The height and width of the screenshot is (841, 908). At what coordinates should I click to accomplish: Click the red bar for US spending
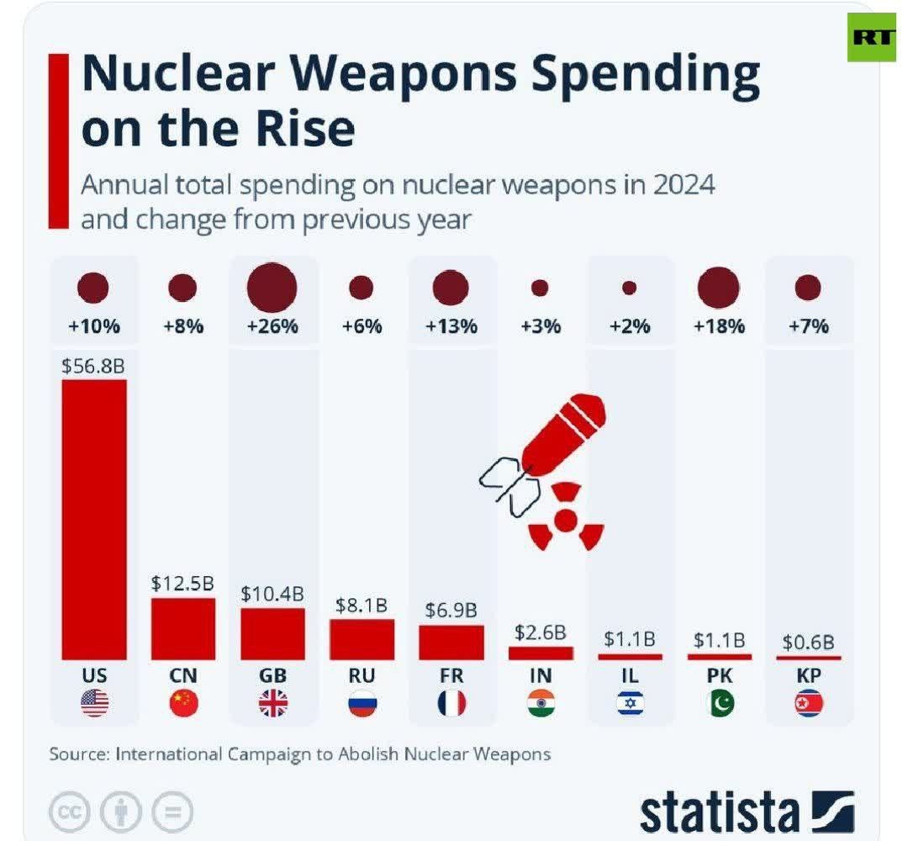94,518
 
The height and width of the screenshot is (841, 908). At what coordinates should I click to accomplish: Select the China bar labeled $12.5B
183,628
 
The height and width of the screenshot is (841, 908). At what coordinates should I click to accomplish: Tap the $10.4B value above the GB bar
272,593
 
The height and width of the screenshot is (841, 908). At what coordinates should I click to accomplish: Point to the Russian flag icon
362,703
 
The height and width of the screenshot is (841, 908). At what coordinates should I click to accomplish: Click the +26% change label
272,326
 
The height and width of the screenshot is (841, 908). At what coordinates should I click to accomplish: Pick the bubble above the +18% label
719,288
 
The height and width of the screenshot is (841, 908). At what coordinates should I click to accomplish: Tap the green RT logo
872,37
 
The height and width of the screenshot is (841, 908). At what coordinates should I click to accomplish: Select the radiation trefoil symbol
566,519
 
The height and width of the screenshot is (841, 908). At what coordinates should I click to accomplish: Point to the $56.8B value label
93,366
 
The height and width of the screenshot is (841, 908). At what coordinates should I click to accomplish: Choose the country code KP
809,675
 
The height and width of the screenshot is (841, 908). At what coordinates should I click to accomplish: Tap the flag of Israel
630,703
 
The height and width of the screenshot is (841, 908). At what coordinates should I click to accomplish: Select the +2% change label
630,326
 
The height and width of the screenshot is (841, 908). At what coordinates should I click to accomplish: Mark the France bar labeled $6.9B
451,643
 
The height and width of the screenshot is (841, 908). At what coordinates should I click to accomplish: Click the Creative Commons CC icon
70,812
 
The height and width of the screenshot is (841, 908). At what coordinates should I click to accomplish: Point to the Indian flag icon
541,703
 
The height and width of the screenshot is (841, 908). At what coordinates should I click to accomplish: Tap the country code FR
451,675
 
